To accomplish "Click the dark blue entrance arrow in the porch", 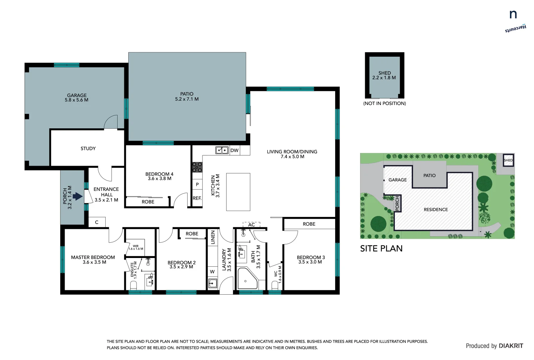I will tap(78, 196).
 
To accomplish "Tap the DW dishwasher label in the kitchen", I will tap(235, 150).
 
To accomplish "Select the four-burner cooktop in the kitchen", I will tap(197, 167).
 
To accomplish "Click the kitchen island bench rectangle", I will tap(238, 192).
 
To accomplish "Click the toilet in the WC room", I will tap(275, 285).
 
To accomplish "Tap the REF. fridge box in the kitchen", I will tap(197, 198).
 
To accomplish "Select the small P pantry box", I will tap(197, 184).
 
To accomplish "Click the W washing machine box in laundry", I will tap(212, 272).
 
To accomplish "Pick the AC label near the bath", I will tap(252, 225).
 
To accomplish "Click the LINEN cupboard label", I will tap(213, 237).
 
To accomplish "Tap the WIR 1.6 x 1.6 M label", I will tap(136, 247).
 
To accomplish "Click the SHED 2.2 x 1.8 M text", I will tap(384, 75).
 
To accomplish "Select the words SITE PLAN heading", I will tap(381, 249).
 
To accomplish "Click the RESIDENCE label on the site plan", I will tap(435, 210).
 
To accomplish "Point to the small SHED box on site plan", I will tap(508, 160).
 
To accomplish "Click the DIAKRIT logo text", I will tap(511, 346).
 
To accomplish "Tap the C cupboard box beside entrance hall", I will tap(97, 222).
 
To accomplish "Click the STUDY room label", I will tap(88, 149).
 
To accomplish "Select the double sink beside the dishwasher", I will tap(222, 150).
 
